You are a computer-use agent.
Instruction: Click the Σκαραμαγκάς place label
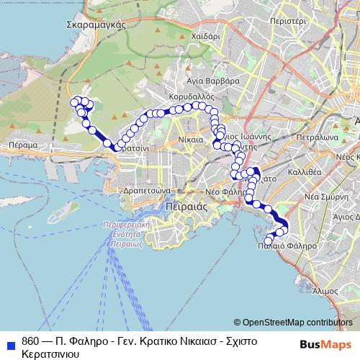(x=96, y=24)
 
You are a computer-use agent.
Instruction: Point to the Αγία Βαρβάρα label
(x=213, y=81)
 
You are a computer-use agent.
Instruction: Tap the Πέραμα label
(x=23, y=145)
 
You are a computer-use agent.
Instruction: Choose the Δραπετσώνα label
(x=146, y=192)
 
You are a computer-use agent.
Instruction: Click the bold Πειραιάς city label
(x=186, y=205)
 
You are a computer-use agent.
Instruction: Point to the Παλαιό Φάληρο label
(x=287, y=246)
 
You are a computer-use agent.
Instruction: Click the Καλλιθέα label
(x=303, y=172)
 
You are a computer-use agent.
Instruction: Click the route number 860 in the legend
(x=30, y=341)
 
